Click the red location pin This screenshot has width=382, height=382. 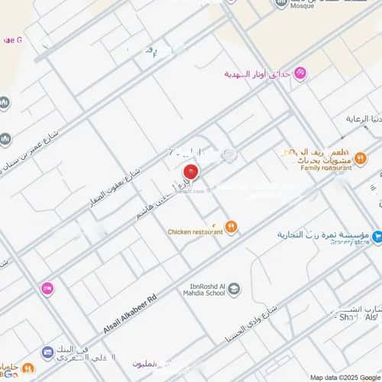point(192,173)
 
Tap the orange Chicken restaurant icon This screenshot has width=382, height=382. point(231,227)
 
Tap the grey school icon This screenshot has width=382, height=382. point(235,289)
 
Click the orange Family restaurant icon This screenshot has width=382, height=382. point(361,158)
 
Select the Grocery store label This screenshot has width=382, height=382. point(350,243)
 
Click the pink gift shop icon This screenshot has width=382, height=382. point(301,73)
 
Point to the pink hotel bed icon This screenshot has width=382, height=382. point(47,288)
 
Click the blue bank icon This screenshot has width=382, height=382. point(47,352)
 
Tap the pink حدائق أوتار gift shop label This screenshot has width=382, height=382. point(258,74)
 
